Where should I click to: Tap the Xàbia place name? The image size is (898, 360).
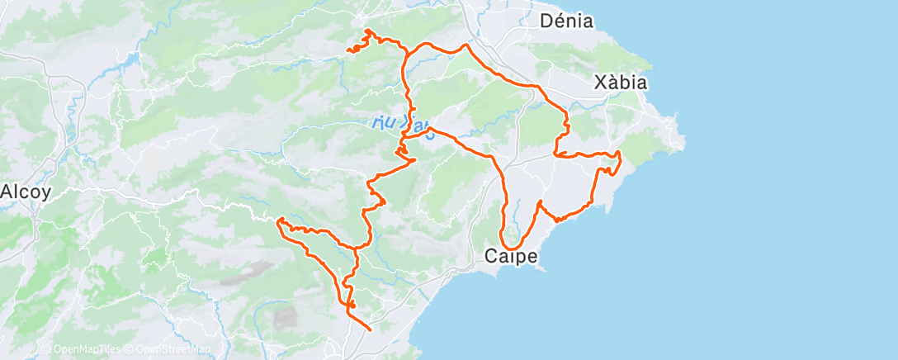621,83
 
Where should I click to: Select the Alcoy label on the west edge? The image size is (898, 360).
26,192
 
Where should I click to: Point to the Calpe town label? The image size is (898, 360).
511,257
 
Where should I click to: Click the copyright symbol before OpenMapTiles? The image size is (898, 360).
45,350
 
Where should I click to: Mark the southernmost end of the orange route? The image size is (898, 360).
370,329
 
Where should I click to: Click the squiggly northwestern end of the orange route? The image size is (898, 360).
349,50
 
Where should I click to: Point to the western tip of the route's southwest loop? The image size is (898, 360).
279,220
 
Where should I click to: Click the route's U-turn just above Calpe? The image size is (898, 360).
510,248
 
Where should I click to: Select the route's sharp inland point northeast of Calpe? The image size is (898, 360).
539,201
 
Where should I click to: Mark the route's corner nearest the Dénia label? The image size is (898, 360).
466,45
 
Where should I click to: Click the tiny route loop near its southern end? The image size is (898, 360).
352,306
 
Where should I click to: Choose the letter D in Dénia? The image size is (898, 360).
546,21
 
